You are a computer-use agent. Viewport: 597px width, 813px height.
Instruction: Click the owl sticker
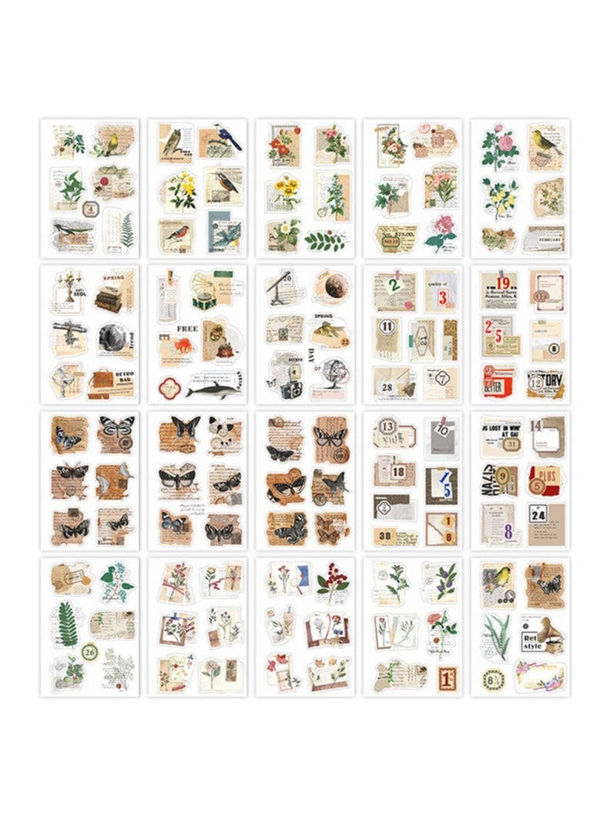click(x=172, y=140)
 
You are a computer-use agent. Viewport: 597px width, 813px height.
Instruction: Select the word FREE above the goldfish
click(x=187, y=327)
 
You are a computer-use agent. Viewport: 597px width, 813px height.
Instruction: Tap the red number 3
click(x=442, y=297)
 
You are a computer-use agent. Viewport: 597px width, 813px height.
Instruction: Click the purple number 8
click(x=508, y=530)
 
